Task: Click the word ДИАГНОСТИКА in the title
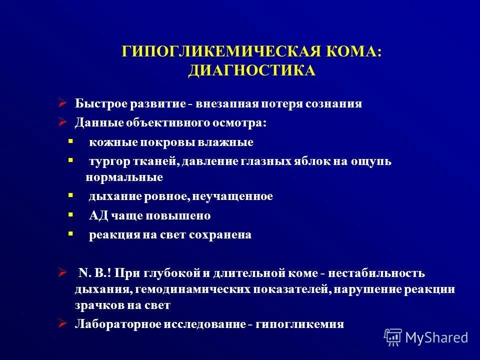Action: tap(251, 70)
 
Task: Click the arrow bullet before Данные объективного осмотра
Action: tap(62, 122)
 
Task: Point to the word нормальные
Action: tap(124, 177)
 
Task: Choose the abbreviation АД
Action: tap(96, 216)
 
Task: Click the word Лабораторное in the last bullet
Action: tap(111, 324)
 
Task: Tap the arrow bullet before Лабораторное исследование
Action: tap(62, 323)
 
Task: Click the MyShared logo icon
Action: tap(393, 337)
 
